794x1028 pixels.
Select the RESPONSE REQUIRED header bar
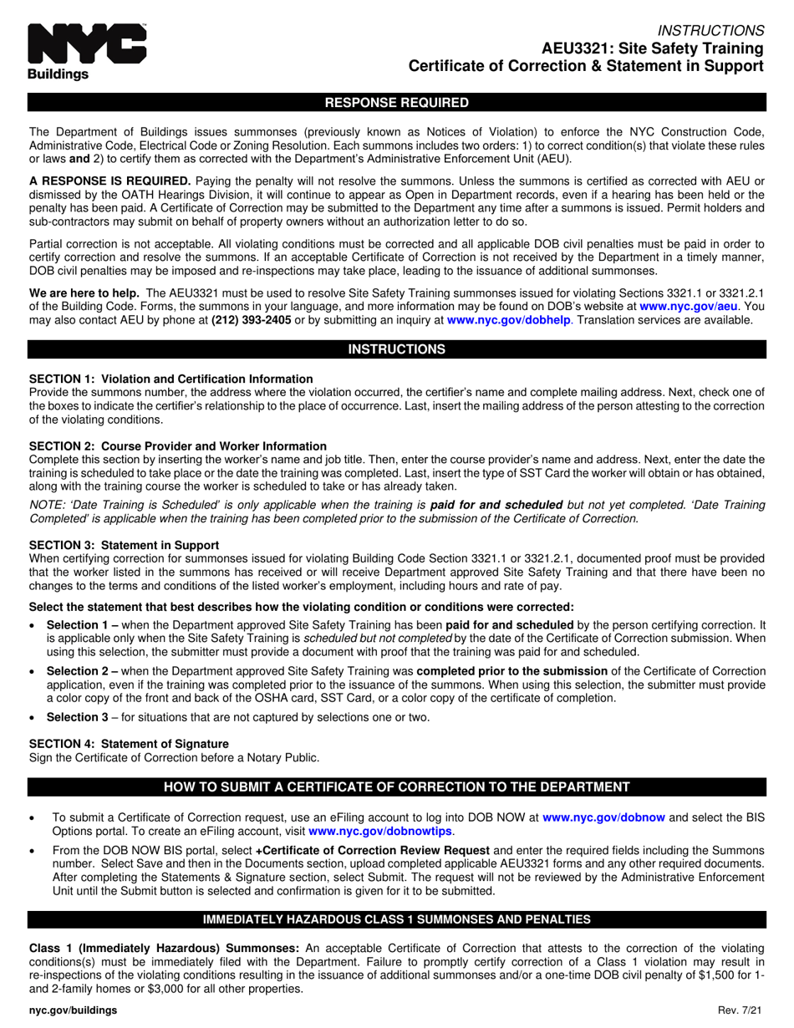(x=397, y=103)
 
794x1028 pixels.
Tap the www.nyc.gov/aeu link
(x=688, y=307)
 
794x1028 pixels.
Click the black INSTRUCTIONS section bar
(x=397, y=349)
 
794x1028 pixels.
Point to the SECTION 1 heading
(x=171, y=379)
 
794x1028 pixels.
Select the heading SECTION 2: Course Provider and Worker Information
(x=177, y=446)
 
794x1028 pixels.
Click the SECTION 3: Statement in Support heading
(x=124, y=545)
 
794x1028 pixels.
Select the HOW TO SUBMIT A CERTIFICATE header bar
(x=397, y=786)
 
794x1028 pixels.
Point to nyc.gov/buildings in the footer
(x=73, y=1010)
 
